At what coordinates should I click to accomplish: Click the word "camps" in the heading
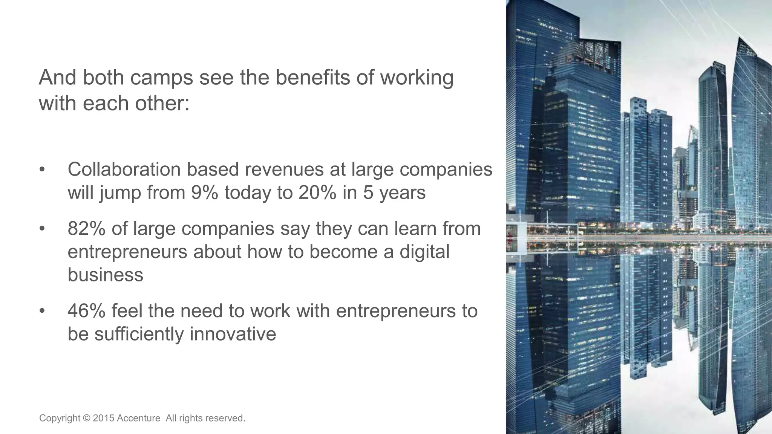pos(161,78)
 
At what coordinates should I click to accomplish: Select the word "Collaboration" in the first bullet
pos(124,170)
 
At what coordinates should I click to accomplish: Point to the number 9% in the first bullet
pos(205,193)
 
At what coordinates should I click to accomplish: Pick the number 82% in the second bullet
pos(86,229)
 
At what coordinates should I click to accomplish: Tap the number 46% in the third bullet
pos(86,311)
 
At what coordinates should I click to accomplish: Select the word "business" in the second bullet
pos(106,275)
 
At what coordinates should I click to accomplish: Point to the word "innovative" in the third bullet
pos(233,334)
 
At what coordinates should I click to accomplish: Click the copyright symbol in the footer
pos(87,418)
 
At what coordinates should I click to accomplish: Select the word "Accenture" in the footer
pos(138,418)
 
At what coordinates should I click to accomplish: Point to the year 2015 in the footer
pos(103,418)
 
